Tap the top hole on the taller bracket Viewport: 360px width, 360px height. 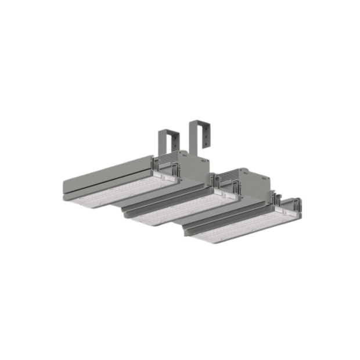pyautogui.click(x=205, y=129)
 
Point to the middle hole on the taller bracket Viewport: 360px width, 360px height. pyautogui.click(x=205, y=136)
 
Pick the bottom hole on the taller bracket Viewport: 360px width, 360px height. pyautogui.click(x=205, y=144)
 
